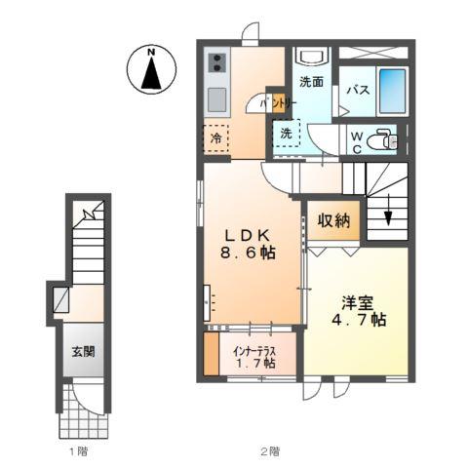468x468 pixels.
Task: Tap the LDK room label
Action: click(248, 235)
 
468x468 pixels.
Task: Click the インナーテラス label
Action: click(253, 347)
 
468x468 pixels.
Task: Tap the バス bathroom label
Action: click(358, 91)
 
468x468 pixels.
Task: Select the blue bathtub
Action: click(391, 90)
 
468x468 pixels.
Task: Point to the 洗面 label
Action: click(312, 83)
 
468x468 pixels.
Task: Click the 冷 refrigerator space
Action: click(216, 138)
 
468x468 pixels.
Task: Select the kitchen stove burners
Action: click(216, 64)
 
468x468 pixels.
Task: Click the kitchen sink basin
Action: click(216, 99)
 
